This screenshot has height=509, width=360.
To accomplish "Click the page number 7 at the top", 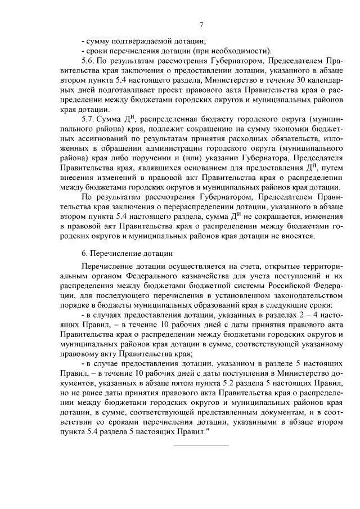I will pyautogui.click(x=202, y=24).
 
